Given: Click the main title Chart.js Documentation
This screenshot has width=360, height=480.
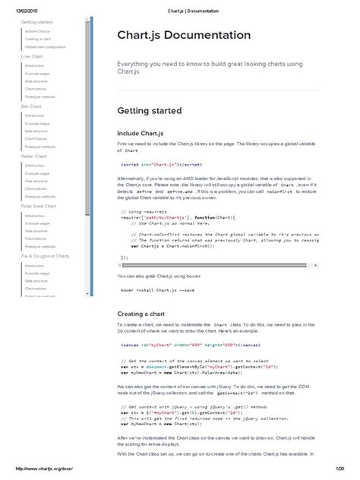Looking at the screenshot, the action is (183, 36).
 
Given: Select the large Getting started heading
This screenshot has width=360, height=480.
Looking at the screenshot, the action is (150, 111).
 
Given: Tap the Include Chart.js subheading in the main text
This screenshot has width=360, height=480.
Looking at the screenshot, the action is (143, 133).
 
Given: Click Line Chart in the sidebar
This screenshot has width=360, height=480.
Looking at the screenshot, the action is (32, 56).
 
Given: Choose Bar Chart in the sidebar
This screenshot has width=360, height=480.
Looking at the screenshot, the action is (31, 107).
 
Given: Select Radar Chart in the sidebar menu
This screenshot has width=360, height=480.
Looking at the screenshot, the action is (33, 156).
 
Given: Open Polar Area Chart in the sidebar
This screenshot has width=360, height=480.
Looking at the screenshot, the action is (37, 206).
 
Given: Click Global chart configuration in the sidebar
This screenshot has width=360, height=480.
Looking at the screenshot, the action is (46, 46).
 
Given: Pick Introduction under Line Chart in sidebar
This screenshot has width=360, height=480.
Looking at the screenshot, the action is (35, 66).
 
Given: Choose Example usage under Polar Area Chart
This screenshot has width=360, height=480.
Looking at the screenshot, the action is (37, 224).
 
